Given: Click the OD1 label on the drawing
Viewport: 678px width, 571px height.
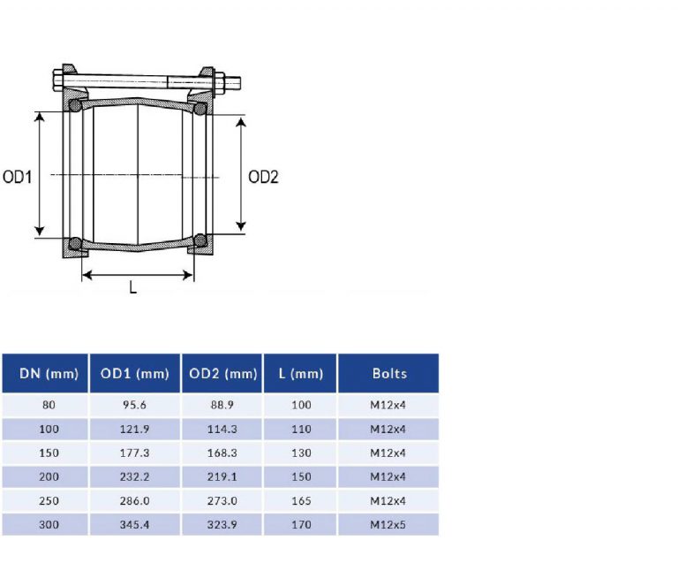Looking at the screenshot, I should click(x=18, y=177).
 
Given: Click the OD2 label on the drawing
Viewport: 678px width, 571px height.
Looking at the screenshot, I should click(x=263, y=177).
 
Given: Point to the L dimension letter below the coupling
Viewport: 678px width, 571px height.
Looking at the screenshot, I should click(x=133, y=287).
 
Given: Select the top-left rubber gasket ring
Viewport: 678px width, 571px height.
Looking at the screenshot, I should click(x=76, y=107).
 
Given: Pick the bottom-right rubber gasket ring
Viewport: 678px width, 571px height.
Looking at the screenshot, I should click(x=200, y=240).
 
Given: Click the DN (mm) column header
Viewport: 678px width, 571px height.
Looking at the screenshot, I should click(x=45, y=373).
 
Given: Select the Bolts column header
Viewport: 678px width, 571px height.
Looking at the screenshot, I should click(x=389, y=373).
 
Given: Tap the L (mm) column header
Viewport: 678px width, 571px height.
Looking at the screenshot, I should click(x=300, y=373).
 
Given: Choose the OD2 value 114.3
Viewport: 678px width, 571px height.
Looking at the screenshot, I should click(x=223, y=430).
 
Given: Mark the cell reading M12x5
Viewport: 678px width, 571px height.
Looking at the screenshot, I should click(x=388, y=525).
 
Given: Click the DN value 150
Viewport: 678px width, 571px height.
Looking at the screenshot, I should click(x=45, y=453).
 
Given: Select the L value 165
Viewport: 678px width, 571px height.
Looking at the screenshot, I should click(x=300, y=501).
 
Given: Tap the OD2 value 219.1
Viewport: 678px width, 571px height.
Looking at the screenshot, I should click(x=223, y=477).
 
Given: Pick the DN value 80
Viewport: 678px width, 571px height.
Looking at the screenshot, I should click(x=45, y=406).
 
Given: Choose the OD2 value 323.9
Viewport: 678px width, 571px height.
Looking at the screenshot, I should click(x=223, y=525).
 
